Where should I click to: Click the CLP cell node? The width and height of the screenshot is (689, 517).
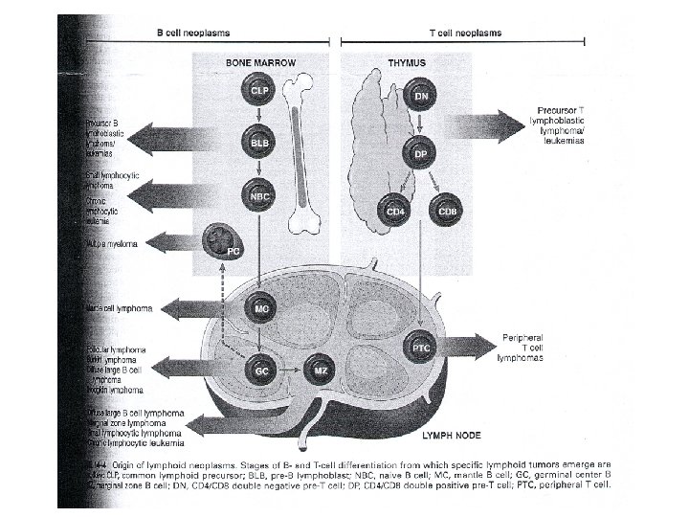pos(258,90)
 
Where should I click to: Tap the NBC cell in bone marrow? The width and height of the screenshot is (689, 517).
pos(258,196)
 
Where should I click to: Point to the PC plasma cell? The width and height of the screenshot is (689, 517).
pos(226,242)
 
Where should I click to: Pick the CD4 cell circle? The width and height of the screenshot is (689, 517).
pos(392,210)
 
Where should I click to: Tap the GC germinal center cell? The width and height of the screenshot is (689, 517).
pos(259,369)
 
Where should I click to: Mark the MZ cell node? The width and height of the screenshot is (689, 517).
pos(321,369)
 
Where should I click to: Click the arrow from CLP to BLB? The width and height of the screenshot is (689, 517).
pos(258,117)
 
